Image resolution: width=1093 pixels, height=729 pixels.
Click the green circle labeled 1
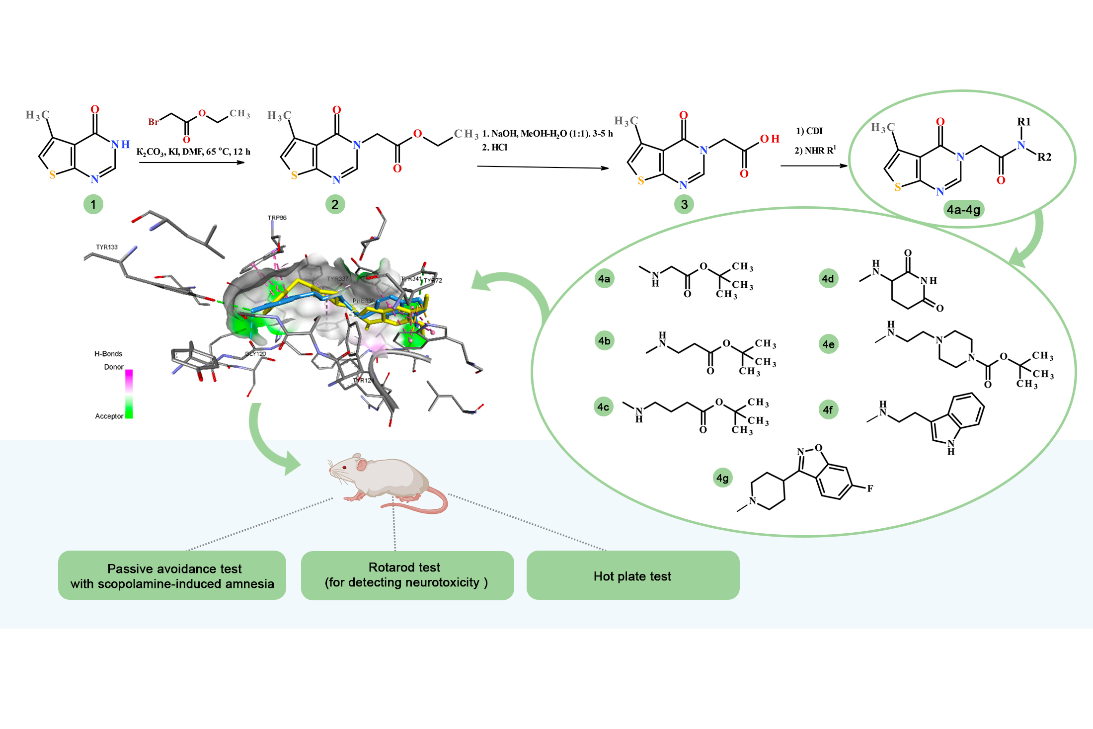(x=93, y=204)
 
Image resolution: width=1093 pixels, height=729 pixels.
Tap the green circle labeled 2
(x=335, y=204)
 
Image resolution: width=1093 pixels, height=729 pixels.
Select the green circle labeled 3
(x=684, y=204)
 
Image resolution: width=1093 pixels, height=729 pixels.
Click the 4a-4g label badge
(x=963, y=210)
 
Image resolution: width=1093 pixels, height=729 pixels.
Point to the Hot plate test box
(x=632, y=575)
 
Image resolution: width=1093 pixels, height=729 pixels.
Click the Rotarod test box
(x=407, y=575)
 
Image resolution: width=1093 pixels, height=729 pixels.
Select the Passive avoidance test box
(x=172, y=575)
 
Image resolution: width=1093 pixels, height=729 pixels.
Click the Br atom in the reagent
(x=154, y=122)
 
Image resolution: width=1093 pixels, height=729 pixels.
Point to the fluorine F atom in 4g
(x=870, y=488)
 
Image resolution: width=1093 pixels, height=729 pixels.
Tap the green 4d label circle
(x=828, y=279)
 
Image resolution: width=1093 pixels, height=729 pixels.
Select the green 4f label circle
(x=828, y=410)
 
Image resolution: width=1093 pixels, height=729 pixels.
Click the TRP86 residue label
(x=277, y=218)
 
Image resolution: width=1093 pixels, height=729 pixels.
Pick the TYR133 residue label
(x=107, y=247)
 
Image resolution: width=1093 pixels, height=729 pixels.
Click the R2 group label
(x=1044, y=157)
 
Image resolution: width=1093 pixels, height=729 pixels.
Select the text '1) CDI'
(x=809, y=131)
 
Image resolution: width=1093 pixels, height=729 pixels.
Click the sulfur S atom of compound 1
(x=52, y=175)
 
